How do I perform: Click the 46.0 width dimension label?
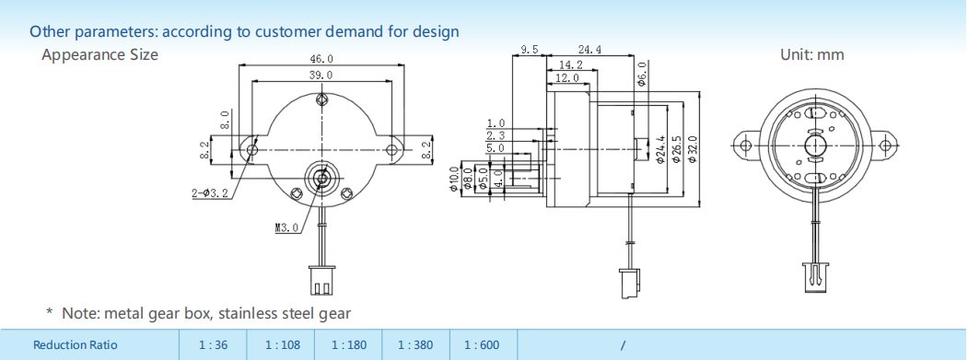[x=321, y=59]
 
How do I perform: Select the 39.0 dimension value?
[x=321, y=75]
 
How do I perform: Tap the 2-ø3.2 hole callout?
[x=210, y=193]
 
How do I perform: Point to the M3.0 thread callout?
[x=286, y=227]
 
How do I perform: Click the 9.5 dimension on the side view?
[x=530, y=50]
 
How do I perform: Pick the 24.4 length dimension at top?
[x=590, y=50]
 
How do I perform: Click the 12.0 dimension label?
[x=566, y=78]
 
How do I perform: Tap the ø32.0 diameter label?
[x=692, y=149]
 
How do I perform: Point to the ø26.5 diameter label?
[x=676, y=149]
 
